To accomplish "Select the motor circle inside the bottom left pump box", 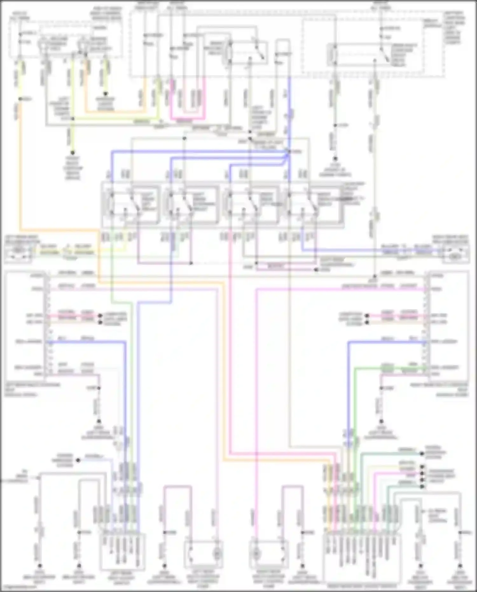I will [x=218, y=555].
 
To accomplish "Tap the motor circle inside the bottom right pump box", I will [x=256, y=555].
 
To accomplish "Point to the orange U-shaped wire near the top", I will [x=114, y=111].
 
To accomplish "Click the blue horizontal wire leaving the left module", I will [x=86, y=342].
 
